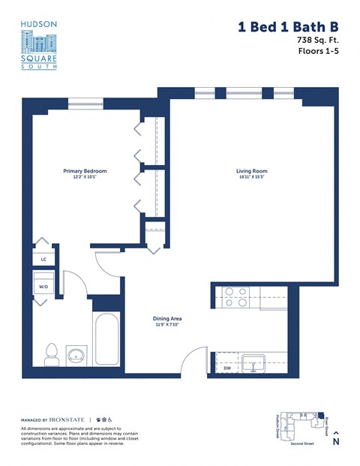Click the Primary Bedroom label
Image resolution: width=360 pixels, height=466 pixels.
click(x=84, y=171)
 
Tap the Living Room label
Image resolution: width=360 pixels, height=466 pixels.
click(x=251, y=171)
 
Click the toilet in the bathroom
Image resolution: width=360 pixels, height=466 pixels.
click(x=52, y=354)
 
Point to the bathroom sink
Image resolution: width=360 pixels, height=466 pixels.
click(x=76, y=354)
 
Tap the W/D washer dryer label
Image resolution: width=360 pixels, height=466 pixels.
click(x=43, y=286)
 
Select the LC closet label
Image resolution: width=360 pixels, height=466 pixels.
click(x=43, y=260)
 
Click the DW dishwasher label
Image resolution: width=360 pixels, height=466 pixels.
click(x=227, y=368)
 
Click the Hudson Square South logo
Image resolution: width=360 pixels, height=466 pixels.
click(x=38, y=45)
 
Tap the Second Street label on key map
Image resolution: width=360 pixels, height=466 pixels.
click(x=302, y=443)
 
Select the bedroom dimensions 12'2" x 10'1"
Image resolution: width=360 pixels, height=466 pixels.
click(x=84, y=177)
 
